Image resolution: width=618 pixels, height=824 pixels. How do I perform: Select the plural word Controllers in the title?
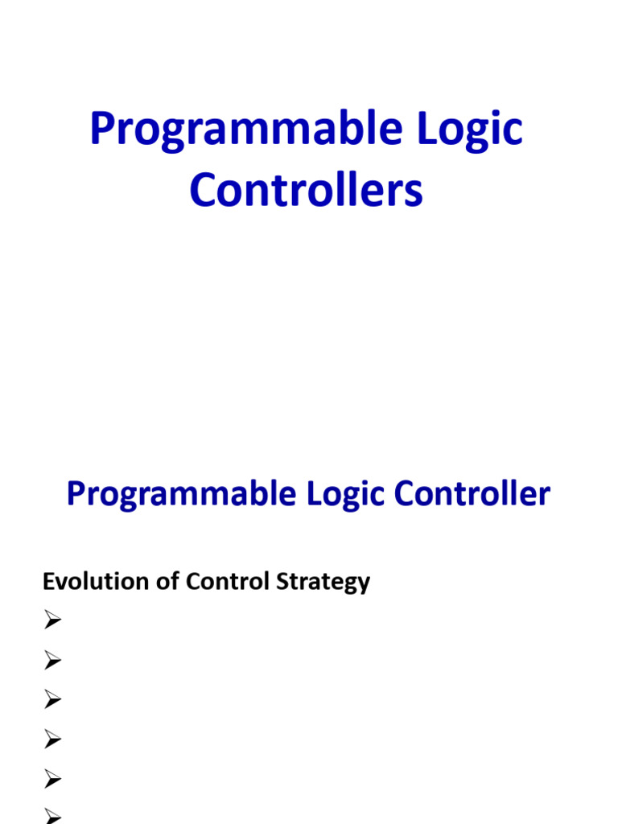coord(307,192)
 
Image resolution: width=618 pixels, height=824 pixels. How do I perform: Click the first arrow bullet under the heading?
coord(53,620)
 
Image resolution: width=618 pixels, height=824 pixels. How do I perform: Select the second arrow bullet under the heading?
coord(53,661)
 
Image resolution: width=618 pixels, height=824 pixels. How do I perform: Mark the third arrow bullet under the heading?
coord(53,700)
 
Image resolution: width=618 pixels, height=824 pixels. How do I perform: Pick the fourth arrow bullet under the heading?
coord(53,740)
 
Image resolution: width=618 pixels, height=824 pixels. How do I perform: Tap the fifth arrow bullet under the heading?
coord(53,779)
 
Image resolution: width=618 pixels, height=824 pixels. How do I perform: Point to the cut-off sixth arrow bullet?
coord(53,816)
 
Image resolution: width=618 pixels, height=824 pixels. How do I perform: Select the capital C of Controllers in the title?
coord(204,192)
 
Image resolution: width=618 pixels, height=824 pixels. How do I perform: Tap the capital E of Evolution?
coord(48,581)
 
